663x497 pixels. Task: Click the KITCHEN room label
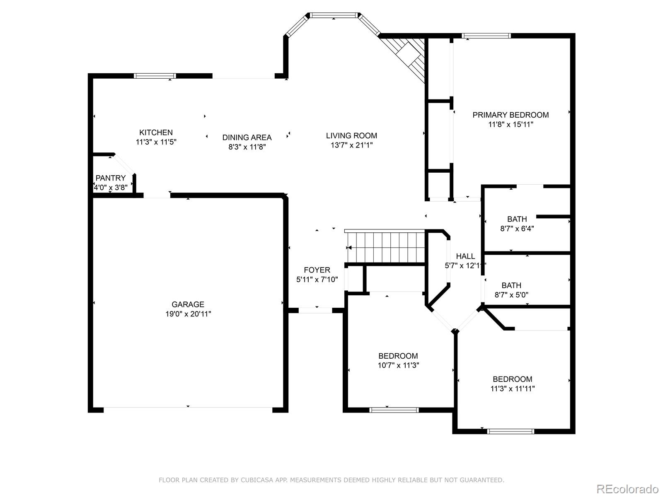coord(156,133)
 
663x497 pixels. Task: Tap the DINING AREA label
coord(247,138)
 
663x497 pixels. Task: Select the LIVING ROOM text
coord(351,136)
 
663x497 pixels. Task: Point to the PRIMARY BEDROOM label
coord(511,115)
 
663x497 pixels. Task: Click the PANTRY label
coord(111,178)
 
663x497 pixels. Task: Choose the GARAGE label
coord(188,304)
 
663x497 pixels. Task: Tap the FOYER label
coord(317,270)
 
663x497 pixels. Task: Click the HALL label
coord(465,256)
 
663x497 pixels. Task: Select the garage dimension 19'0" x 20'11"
coord(188,314)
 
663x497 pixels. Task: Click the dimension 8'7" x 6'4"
coord(517,229)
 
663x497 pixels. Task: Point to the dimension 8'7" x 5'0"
coord(511,295)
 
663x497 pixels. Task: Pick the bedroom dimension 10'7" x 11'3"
coord(398,365)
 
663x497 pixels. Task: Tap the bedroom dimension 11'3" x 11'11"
coord(512,388)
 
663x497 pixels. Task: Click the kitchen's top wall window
coord(155,76)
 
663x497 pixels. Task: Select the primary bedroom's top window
coord(486,36)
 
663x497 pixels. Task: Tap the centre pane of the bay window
coord(334,15)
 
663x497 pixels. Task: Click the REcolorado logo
coord(627,489)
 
